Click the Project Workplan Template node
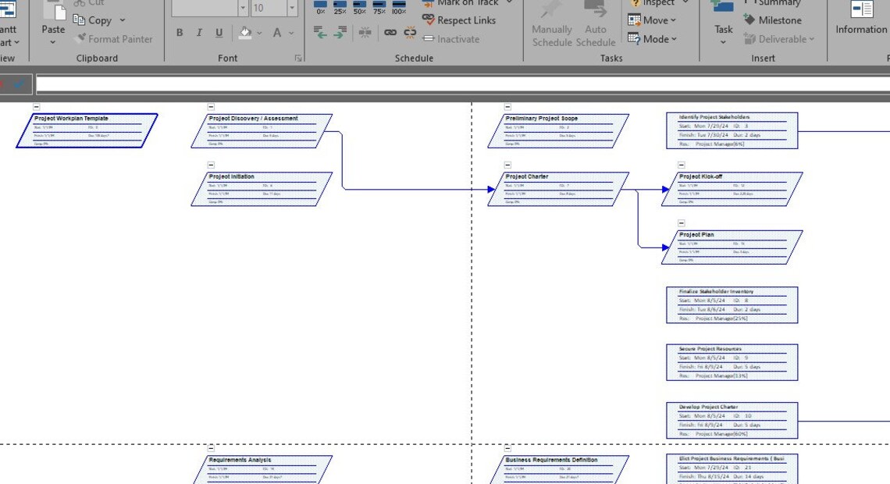pos(87,130)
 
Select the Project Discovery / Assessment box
pos(262,130)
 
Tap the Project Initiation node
pos(262,189)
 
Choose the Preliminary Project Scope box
pos(558,130)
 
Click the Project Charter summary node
pos(558,189)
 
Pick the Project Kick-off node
pos(732,189)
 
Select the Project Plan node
pos(732,247)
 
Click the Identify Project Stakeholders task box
pos(732,130)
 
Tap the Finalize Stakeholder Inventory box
pos(732,304)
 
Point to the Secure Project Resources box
pos(732,362)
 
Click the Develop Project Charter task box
pos(732,420)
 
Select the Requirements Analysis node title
pos(240,460)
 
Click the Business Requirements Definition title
pos(551,460)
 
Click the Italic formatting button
pos(199,33)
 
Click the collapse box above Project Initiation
pos(211,165)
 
